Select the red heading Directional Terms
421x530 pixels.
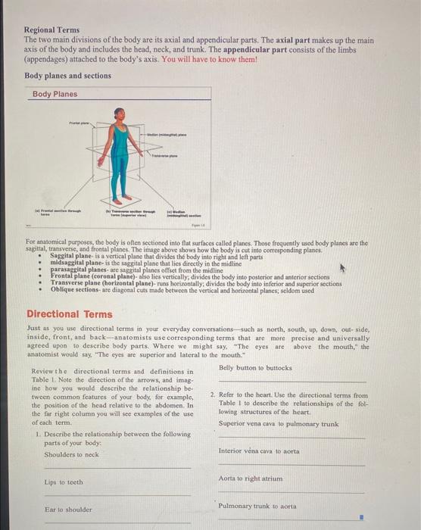pyautogui.click(x=69, y=313)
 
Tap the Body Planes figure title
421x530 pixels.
pyautogui.click(x=55, y=94)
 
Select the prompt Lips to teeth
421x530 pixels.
pyautogui.click(x=64, y=482)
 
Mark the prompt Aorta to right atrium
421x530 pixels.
pyautogui.click(x=251, y=479)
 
